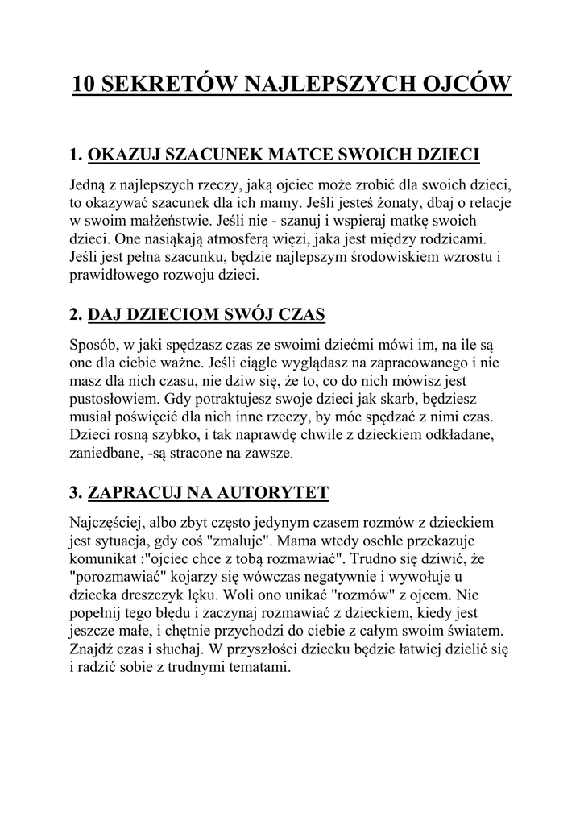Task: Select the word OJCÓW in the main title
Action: pos(465,83)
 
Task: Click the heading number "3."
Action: pos(77,491)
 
